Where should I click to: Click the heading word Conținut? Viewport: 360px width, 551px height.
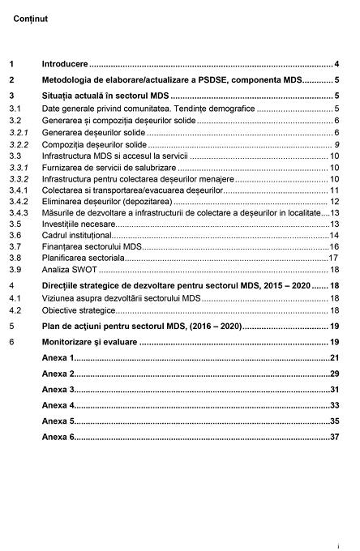[x=31, y=17]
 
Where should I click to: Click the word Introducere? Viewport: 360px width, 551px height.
[x=65, y=63]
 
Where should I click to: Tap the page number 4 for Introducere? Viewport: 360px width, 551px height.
[x=336, y=63]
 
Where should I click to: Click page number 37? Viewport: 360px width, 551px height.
[x=333, y=437]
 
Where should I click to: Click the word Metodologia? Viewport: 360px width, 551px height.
[x=71, y=80]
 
